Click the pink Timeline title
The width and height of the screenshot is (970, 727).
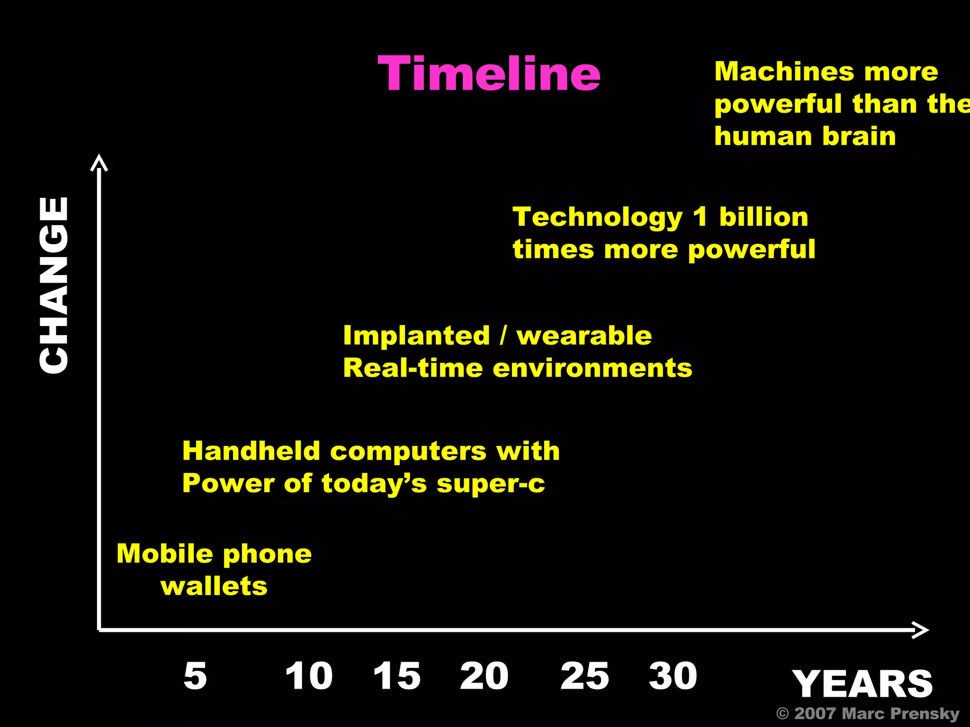[x=489, y=74]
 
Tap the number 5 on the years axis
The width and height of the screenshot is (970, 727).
[x=195, y=675]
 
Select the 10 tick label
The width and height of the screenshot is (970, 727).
[x=309, y=675]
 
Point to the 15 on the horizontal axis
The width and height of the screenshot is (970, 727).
[x=397, y=675]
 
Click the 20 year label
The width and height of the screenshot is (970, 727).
[x=484, y=675]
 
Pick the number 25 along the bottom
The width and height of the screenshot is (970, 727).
[x=584, y=675]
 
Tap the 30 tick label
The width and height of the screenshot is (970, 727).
[x=673, y=675]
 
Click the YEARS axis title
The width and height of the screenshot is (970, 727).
[x=862, y=684]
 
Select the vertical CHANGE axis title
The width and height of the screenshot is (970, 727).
[x=54, y=285]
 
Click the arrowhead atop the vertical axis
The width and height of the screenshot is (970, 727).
[x=99, y=162]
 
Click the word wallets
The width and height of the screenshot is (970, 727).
[x=214, y=586]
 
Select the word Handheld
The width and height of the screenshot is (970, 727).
[x=251, y=451]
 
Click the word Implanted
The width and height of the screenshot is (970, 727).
[x=416, y=336]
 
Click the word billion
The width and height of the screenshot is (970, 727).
[x=763, y=217]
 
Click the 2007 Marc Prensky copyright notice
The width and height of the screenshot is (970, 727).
[x=868, y=713]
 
